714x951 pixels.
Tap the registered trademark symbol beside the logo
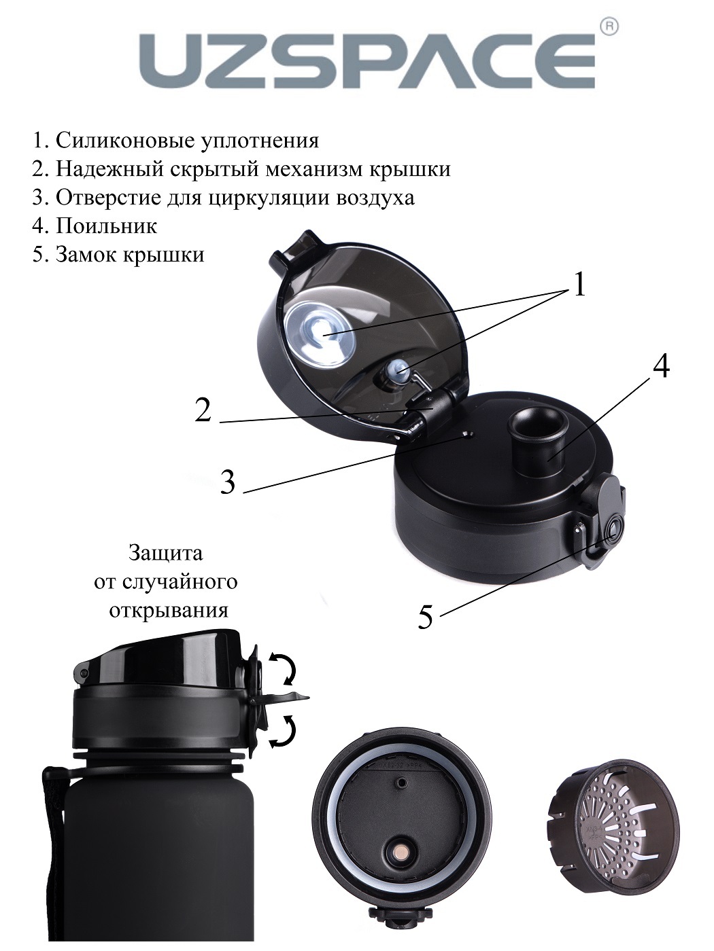(x=610, y=28)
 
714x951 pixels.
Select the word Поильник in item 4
(x=106, y=226)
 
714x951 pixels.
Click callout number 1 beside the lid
(x=579, y=285)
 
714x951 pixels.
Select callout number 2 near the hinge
(x=203, y=410)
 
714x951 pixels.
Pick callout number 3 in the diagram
(x=228, y=482)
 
